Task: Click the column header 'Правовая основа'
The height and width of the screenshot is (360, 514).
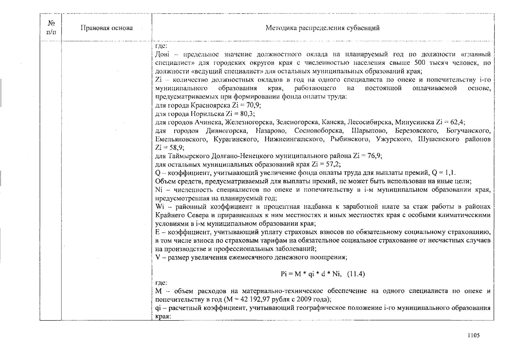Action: pyautogui.click(x=106, y=28)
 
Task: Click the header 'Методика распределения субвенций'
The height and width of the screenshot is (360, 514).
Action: pyautogui.click(x=322, y=28)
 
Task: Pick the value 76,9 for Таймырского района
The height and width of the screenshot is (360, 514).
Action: pyautogui.click(x=375, y=156)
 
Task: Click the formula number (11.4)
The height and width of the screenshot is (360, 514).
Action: pyautogui.click(x=356, y=274)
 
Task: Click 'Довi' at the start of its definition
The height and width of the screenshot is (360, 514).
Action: pyautogui.click(x=162, y=54)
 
